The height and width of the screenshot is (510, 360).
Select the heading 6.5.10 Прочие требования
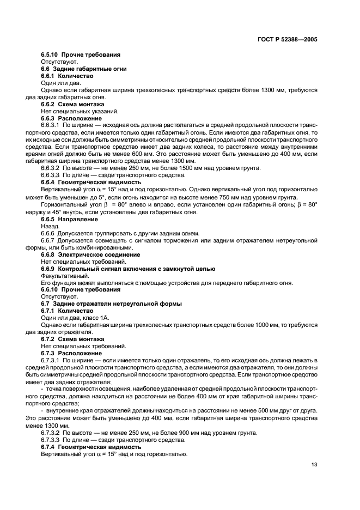(81, 55)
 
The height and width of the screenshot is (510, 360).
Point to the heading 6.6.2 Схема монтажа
(73, 104)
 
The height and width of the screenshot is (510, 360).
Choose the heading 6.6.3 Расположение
(71, 118)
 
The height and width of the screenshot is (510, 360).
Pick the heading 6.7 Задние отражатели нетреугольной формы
(112, 303)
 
